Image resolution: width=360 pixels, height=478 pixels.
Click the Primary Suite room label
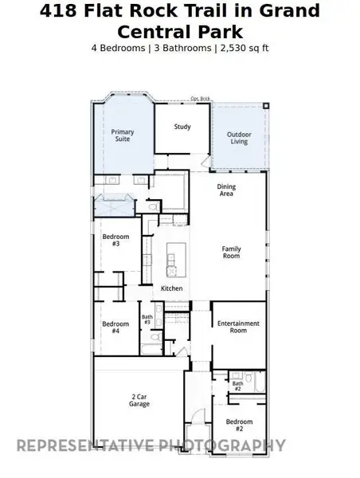(123, 135)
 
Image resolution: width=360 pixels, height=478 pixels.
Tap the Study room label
(182, 127)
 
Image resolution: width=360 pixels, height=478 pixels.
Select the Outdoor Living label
(240, 138)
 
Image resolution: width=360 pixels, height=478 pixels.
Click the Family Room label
(231, 252)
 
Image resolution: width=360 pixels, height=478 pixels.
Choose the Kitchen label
(172, 288)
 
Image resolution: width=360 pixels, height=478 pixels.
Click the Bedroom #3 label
(111, 240)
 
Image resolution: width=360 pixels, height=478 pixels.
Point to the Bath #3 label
(147, 319)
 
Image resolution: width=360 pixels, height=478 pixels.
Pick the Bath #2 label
(237, 386)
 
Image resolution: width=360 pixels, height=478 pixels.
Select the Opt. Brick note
(199, 99)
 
